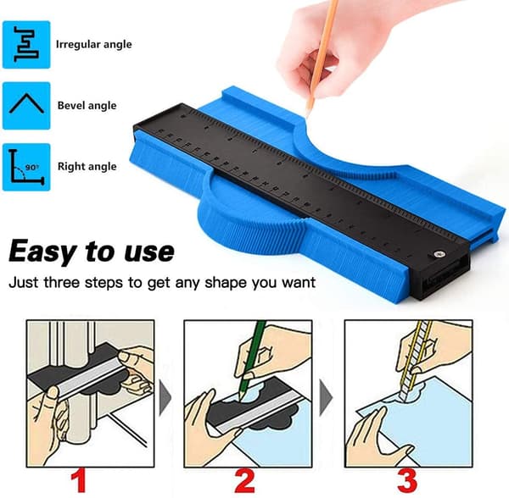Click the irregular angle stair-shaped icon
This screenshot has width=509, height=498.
[x=26, y=44]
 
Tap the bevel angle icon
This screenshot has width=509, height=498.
[x=26, y=106]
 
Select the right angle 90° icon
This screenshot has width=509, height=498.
[x=26, y=167]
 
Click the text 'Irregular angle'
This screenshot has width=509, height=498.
[x=94, y=44]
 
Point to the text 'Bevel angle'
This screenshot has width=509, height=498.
[x=87, y=105]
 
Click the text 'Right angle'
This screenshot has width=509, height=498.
[x=87, y=166]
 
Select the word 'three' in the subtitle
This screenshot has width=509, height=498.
[x=61, y=282]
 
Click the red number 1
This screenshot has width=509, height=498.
[x=79, y=481]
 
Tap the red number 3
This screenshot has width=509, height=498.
[x=406, y=481]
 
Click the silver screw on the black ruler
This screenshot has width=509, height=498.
[x=439, y=254]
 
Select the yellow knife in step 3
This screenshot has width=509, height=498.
[x=415, y=361]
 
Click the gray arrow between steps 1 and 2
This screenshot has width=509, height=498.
[x=165, y=397]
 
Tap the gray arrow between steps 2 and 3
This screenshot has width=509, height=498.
[x=325, y=397]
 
